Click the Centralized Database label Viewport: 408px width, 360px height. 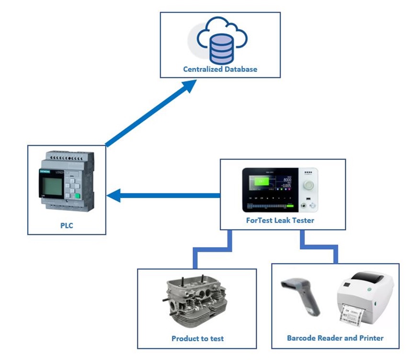coord(220,69)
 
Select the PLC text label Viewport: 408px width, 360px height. coord(67,225)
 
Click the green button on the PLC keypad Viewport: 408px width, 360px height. coord(76,195)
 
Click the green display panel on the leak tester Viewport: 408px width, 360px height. coord(262,182)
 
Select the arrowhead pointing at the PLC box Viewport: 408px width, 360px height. coord(114,195)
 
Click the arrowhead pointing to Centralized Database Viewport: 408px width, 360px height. coord(189,86)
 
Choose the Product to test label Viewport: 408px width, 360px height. coord(197,338)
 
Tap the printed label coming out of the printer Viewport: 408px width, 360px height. coord(355,315)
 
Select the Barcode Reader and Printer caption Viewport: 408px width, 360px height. coord(335,338)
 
